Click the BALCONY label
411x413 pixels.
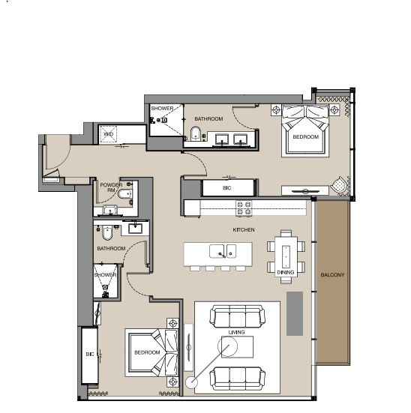tap(332, 275)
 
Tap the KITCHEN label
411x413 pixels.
tap(243, 229)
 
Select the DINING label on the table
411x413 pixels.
tap(286, 272)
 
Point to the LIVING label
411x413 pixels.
tap(237, 331)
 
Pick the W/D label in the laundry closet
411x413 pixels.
tap(109, 135)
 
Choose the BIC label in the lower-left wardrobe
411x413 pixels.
tap(90, 353)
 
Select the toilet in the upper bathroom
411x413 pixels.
tap(196, 135)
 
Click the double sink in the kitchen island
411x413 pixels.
tap(223, 250)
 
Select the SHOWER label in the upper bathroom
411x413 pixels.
tap(162, 109)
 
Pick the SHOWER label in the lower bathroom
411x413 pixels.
tap(106, 275)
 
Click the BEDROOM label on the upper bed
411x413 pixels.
tap(305, 137)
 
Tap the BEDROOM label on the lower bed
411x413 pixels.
tap(147, 352)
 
